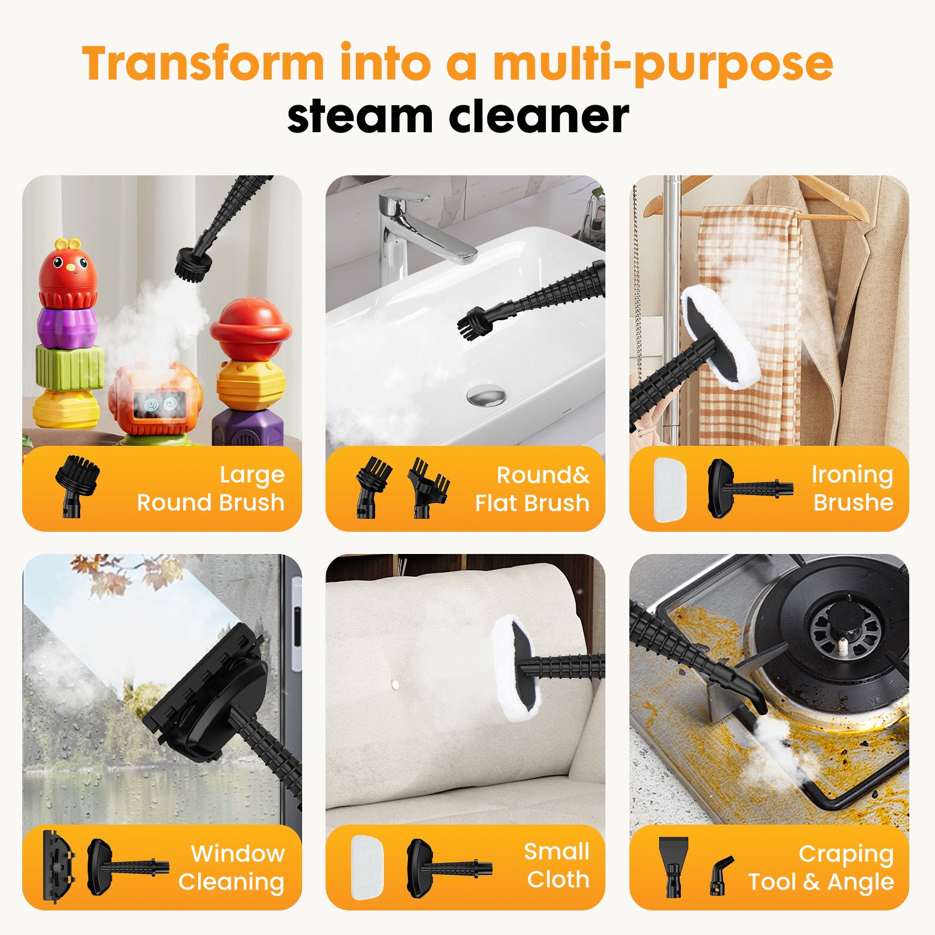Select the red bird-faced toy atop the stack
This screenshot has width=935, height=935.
coord(68,272)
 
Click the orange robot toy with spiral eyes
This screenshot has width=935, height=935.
coord(153,400)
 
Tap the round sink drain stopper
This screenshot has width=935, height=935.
coord(486,394)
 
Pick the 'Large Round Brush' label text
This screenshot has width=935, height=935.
coord(210,489)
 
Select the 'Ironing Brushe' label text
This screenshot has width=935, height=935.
coord(853,489)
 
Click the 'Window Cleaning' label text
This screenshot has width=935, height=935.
coord(231,867)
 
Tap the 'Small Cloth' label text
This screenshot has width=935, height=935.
coord(557,865)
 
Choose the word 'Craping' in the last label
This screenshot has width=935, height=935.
coord(846,854)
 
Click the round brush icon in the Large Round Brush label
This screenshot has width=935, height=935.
coord(77,484)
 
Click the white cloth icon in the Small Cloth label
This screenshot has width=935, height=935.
coord(367,867)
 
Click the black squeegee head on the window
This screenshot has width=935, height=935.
coord(205,695)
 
